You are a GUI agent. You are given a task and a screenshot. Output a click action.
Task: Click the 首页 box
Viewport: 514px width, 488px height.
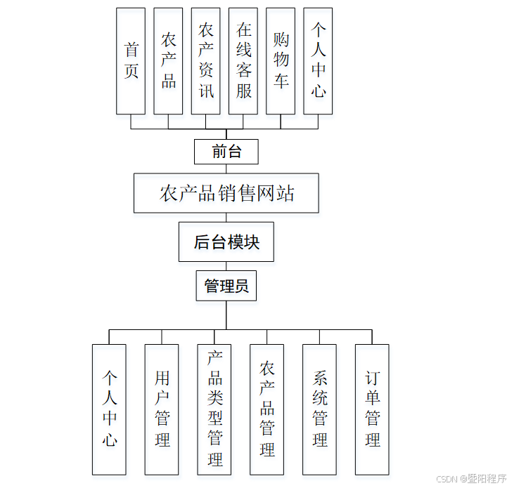click(x=131, y=61)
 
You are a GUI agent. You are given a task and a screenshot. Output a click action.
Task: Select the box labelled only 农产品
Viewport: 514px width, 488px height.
click(x=169, y=61)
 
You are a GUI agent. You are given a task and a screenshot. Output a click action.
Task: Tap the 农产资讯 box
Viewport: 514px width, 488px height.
click(x=206, y=61)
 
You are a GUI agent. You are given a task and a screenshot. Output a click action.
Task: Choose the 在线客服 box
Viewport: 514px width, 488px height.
click(x=243, y=61)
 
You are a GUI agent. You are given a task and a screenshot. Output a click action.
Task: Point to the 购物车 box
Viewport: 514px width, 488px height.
click(x=281, y=61)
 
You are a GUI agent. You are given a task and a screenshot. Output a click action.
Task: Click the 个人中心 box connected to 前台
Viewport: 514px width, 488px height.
click(x=318, y=61)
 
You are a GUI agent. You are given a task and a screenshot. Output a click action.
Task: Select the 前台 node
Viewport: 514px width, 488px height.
click(x=226, y=151)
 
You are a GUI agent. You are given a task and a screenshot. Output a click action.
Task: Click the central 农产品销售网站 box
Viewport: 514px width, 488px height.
click(x=226, y=193)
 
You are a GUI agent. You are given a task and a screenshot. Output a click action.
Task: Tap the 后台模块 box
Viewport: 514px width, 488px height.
click(x=226, y=242)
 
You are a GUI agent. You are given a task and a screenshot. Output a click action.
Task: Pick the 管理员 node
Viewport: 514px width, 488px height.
click(x=226, y=286)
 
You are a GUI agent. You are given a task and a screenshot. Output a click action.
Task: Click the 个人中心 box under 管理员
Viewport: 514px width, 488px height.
click(x=110, y=409)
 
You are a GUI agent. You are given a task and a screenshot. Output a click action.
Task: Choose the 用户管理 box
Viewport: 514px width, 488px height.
click(x=162, y=409)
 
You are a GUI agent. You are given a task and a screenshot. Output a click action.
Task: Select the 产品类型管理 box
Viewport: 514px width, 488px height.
click(x=214, y=409)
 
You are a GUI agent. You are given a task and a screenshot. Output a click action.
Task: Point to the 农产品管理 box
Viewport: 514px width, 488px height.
click(x=267, y=409)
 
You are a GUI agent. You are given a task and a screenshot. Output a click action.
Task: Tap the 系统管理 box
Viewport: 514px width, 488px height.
click(x=320, y=409)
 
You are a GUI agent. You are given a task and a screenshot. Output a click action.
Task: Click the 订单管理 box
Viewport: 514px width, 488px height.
click(x=372, y=409)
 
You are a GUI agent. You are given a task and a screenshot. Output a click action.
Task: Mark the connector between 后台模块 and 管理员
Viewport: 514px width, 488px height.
click(x=226, y=267)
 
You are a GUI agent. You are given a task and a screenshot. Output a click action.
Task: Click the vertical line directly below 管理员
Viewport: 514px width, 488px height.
click(x=226, y=315)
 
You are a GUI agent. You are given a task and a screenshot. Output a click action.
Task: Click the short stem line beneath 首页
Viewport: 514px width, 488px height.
click(x=131, y=121)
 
